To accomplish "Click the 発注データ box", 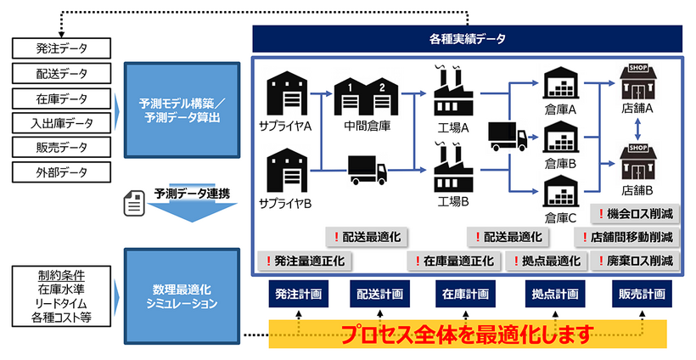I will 62,48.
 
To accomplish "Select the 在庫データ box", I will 62,98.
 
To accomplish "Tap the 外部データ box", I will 62,172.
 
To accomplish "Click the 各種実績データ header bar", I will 467,38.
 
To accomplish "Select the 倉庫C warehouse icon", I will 561,191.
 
